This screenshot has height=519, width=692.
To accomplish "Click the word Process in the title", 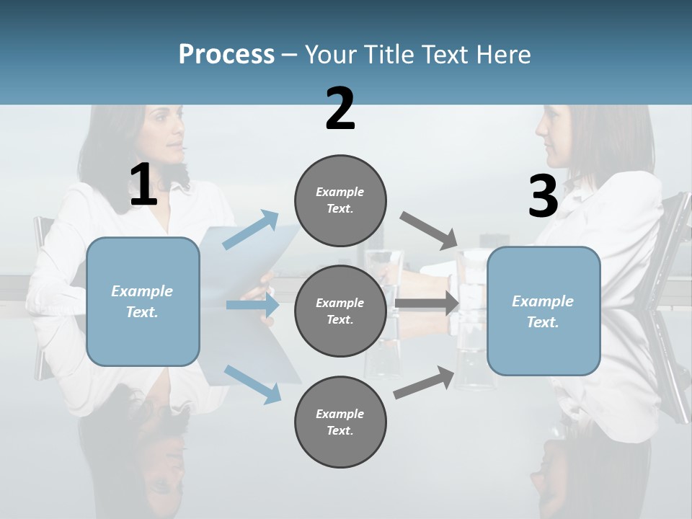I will point(226,55).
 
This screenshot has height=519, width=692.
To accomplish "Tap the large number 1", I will point(143,186).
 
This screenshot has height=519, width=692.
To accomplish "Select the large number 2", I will point(340,110).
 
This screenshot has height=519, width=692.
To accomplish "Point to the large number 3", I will point(543,197).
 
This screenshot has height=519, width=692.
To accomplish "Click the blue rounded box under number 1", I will point(143,301).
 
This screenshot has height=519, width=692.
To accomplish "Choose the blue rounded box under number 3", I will point(544,311).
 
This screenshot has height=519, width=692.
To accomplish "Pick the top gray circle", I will point(340,200).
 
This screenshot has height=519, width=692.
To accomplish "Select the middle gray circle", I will point(340,311).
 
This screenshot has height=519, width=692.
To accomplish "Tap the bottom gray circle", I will point(340,422).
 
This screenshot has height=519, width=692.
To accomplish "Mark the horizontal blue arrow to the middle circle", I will point(252,305).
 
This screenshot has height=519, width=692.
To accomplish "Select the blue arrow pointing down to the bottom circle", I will point(252,383).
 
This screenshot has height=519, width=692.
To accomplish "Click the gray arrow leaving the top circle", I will point(428,230).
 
